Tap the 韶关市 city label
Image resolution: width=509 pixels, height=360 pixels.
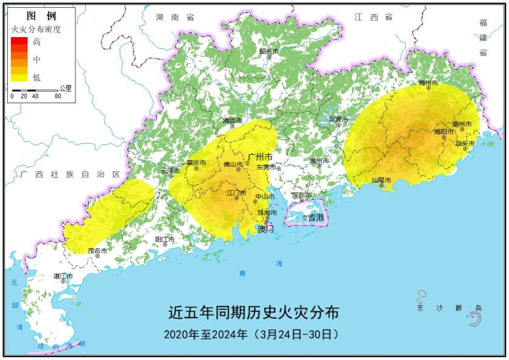click(268, 51)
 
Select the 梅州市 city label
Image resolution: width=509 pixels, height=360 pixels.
click(429, 81)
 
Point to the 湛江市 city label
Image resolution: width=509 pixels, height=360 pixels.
click(63, 276)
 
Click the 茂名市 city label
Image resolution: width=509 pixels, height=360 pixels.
click(97, 250)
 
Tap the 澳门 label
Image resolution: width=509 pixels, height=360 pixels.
click(266, 229)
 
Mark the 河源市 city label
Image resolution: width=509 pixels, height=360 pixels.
click(339, 119)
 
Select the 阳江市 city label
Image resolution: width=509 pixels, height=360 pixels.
click(165, 240)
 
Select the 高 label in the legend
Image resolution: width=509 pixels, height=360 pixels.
click(37, 42)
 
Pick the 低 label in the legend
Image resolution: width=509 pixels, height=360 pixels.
click(37, 77)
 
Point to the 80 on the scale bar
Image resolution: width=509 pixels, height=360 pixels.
click(58, 96)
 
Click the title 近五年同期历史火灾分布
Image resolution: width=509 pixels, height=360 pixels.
click(253, 313)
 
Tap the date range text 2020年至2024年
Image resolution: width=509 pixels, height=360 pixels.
click(206, 335)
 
